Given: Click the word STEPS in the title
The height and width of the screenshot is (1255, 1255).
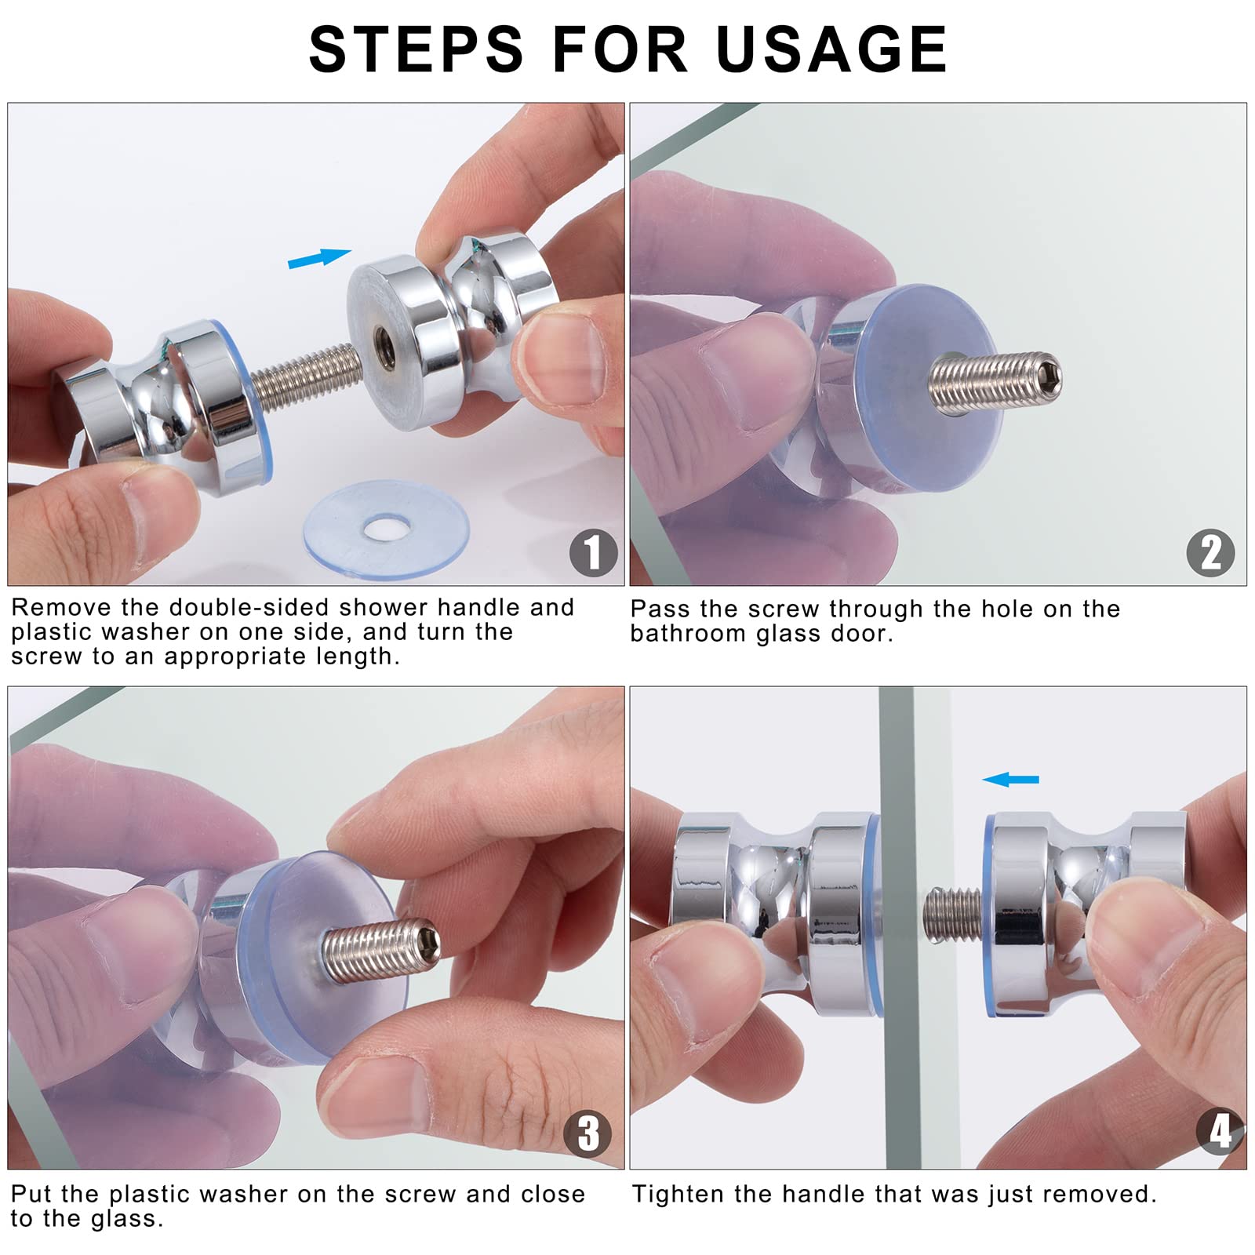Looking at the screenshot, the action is coord(417,49).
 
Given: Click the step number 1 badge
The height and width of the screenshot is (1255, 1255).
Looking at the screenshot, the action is coord(593,552).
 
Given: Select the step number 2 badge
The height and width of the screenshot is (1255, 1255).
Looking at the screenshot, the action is coord(1210,552).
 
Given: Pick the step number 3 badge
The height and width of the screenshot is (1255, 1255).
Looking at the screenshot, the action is coord(587,1133).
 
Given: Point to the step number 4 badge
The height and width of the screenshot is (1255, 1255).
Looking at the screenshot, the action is coord(1220,1131).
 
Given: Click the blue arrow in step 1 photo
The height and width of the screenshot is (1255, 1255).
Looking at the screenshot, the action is coord(319,258).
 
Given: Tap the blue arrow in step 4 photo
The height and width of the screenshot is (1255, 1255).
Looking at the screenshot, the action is coord(1010,779).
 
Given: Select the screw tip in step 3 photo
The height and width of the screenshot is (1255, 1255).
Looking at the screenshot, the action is coord(428,941).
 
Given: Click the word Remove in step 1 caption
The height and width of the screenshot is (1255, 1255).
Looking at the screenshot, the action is coord(61,607).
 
